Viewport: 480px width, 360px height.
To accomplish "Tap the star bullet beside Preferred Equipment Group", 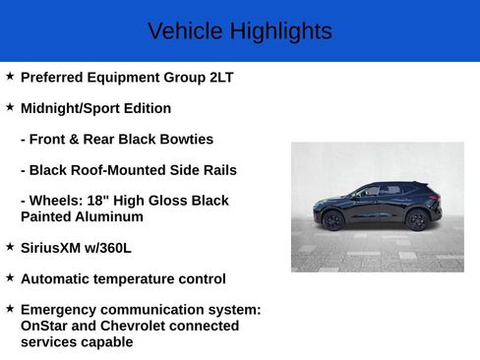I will click(10, 76).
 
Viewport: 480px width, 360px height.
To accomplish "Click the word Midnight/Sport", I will click(69, 108).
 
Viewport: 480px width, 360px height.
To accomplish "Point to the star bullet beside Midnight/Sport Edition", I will click(10, 107).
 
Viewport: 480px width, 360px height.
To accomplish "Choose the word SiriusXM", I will click(53, 248).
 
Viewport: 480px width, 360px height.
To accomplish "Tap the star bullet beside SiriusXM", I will click(10, 247).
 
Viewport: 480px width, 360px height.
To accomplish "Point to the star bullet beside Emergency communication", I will click(10, 309).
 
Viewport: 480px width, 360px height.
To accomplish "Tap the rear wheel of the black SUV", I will click(417, 220).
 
